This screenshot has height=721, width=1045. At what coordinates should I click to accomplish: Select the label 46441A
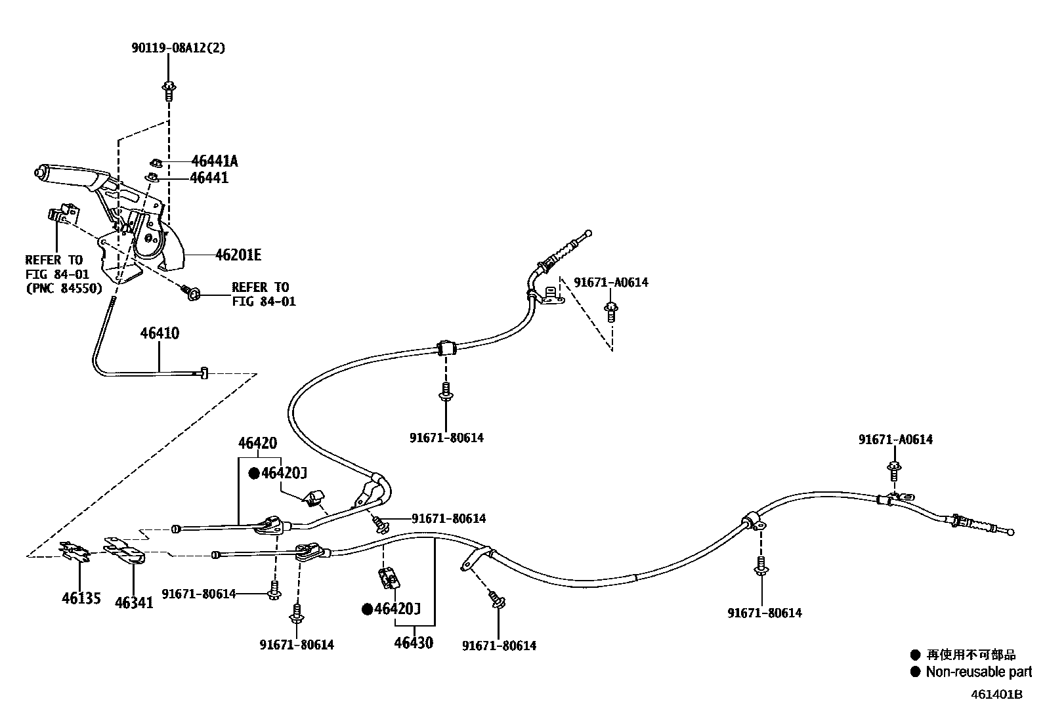coord(215,161)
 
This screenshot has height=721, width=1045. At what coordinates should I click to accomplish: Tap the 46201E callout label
coord(238,255)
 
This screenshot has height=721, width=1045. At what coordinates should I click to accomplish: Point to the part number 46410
coord(159,333)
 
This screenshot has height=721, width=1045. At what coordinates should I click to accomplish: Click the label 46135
coord(81,598)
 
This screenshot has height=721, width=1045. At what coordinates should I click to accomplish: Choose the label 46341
coord(134,602)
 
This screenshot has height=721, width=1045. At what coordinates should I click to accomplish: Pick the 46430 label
coord(414,642)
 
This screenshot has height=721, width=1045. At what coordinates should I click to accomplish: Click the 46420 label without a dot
coord(257,443)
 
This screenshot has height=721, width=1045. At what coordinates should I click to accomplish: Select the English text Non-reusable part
coord(978,672)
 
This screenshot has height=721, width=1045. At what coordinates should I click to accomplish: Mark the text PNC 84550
coord(64,287)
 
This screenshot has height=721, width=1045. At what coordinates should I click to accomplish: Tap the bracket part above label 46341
coord(125,550)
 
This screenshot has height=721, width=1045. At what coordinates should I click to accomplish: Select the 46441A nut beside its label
coord(157,161)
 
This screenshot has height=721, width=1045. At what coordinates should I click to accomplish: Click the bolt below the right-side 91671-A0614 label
coord(894,470)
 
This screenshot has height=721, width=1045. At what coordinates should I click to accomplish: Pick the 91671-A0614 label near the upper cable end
coord(610,282)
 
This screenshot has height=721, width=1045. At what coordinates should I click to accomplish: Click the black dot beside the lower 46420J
coord(368,609)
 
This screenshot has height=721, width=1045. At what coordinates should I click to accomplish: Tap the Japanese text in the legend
coord(971,655)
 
